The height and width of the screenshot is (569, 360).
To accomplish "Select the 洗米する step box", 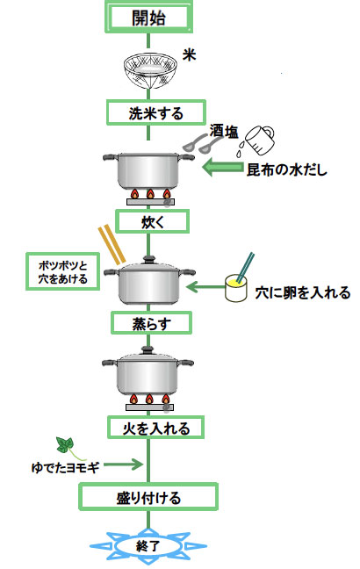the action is (x=156, y=113).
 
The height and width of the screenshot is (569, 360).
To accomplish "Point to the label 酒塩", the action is (x=224, y=132).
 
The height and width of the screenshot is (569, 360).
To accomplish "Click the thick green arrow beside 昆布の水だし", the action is (x=222, y=168).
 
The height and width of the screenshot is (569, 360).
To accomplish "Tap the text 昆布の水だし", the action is (x=287, y=169).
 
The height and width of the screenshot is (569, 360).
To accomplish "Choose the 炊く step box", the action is (x=153, y=221).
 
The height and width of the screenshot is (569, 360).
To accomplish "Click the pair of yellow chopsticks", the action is (x=112, y=244).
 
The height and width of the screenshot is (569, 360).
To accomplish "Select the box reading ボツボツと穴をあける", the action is (x=63, y=272).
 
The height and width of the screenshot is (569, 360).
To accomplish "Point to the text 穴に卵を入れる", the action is (x=303, y=292).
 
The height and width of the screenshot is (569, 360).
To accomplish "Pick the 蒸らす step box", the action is (x=151, y=323).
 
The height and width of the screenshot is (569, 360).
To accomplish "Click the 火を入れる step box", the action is (x=155, y=428).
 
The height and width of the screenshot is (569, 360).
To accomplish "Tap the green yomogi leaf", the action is (x=65, y=445).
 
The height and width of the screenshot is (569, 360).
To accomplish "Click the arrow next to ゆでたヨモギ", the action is (x=123, y=465).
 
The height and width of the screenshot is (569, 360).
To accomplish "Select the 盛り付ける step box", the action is (x=148, y=497).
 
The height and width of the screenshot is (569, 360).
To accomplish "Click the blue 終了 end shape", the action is (x=148, y=546).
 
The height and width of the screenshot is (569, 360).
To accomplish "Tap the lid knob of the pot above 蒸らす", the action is (x=149, y=259).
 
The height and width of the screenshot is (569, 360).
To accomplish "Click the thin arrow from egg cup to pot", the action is (x=205, y=287).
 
